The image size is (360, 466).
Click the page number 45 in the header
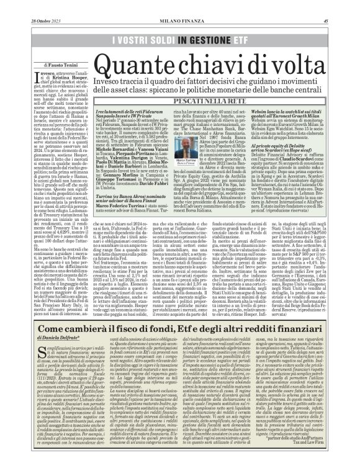pyautogui.click(x=343, y=6)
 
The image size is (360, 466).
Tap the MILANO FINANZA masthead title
pyautogui.click(x=180, y=6)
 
